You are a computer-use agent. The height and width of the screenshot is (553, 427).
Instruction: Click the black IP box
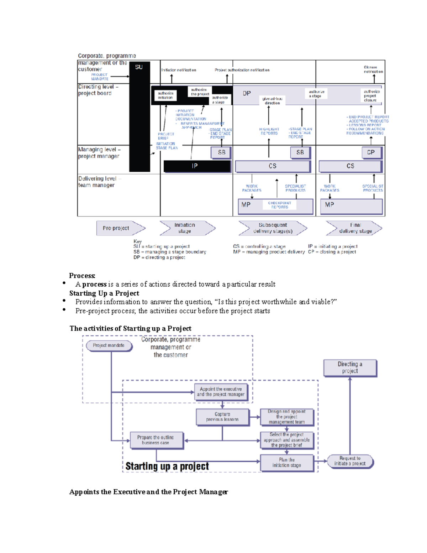tap(197, 166)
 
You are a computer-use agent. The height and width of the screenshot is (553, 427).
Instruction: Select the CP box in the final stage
tap(371, 152)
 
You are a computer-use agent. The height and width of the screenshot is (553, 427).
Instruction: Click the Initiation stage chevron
tap(186, 228)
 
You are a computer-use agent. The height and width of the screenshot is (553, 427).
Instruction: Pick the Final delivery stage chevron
tap(354, 228)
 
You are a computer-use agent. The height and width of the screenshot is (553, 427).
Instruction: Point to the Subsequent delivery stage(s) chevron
tap(273, 228)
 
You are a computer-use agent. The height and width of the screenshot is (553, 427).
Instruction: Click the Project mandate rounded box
tap(109, 345)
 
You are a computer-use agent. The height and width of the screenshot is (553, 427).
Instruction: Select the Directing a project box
tap(350, 367)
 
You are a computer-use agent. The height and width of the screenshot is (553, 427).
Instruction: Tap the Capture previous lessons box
tap(222, 417)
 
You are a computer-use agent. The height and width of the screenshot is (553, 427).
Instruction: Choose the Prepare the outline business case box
tap(156, 440)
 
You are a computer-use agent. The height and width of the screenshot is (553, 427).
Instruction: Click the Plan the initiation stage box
tap(287, 463)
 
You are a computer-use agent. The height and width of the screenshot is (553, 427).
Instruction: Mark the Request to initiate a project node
tap(350, 461)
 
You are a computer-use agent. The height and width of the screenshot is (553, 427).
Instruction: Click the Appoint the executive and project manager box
tap(221, 392)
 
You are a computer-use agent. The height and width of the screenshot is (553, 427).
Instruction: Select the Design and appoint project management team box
tap(287, 417)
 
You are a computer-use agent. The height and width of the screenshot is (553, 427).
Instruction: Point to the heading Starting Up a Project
tap(104, 293)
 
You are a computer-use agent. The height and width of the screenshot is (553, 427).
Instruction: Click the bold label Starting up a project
tap(167, 466)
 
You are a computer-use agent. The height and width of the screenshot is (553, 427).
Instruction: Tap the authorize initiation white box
tap(165, 95)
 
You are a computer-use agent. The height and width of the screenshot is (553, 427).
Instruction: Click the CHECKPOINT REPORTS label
tap(280, 205)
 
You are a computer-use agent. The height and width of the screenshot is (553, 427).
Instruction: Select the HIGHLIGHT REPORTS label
tap(269, 131)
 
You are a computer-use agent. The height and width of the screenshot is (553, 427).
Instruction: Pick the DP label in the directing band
tap(247, 93)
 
